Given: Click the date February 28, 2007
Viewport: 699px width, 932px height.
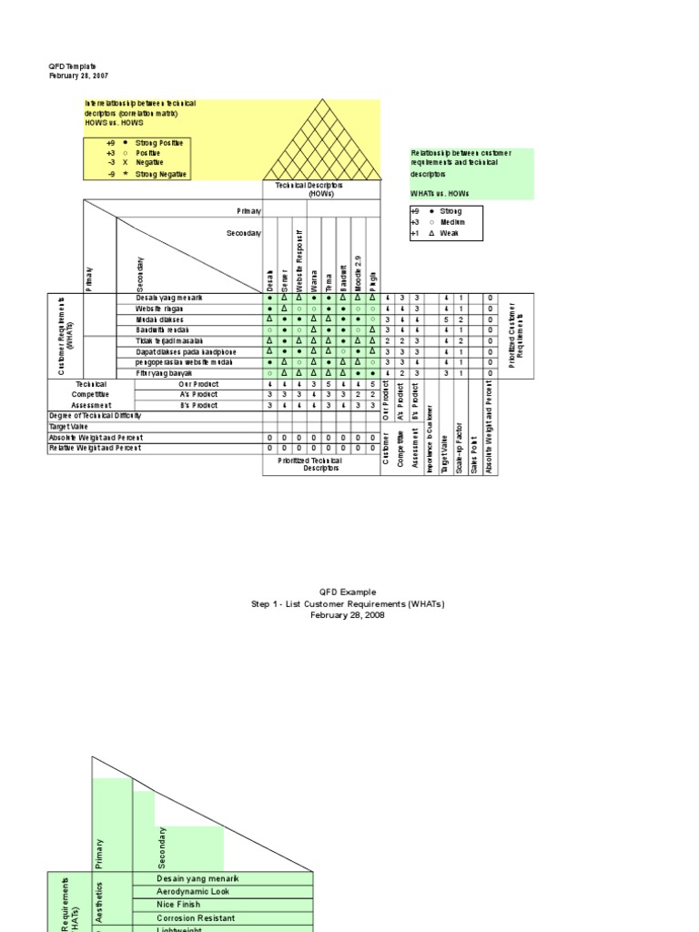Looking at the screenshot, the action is coord(77,76).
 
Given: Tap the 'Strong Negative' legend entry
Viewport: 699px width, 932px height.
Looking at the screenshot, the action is coord(159,174).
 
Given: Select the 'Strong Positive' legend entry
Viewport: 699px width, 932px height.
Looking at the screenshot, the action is coord(159,143).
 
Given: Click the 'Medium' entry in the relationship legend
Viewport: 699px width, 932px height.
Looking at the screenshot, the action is coord(452,222).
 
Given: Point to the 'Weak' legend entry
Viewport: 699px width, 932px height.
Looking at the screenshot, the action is coord(450,233).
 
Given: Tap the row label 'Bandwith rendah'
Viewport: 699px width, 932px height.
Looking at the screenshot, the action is coord(163,329).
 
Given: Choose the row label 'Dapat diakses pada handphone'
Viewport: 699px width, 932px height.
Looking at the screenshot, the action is coord(185,351).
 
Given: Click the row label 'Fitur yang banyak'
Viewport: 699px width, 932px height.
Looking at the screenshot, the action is coord(165,372).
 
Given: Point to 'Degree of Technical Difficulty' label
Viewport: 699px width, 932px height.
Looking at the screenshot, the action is coord(95,415).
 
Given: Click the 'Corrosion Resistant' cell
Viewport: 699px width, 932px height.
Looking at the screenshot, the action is coord(196,918).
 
